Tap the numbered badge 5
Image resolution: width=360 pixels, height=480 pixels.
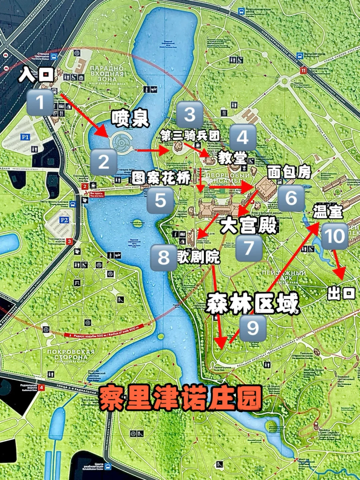pyautogui.click(x=161, y=200)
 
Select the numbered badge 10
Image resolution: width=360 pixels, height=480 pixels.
pyautogui.click(x=335, y=236)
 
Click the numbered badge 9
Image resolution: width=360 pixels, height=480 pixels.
pyautogui.click(x=253, y=328)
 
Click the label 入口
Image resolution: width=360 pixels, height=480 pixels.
pyautogui.click(x=36, y=74)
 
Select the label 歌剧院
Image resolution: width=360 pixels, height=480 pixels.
pyautogui.click(x=199, y=257)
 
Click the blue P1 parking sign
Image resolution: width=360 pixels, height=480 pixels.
pyautogui.click(x=25, y=137)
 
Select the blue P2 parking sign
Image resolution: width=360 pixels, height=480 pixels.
pyautogui.click(x=64, y=220)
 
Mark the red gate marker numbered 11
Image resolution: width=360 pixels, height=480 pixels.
pyautogui.click(x=303, y=71)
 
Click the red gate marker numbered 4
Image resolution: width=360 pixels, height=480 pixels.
pyautogui.click(x=41, y=388)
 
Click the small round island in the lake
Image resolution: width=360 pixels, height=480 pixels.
pyautogui.click(x=137, y=224)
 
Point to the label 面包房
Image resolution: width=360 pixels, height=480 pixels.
pyautogui.click(x=289, y=172)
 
